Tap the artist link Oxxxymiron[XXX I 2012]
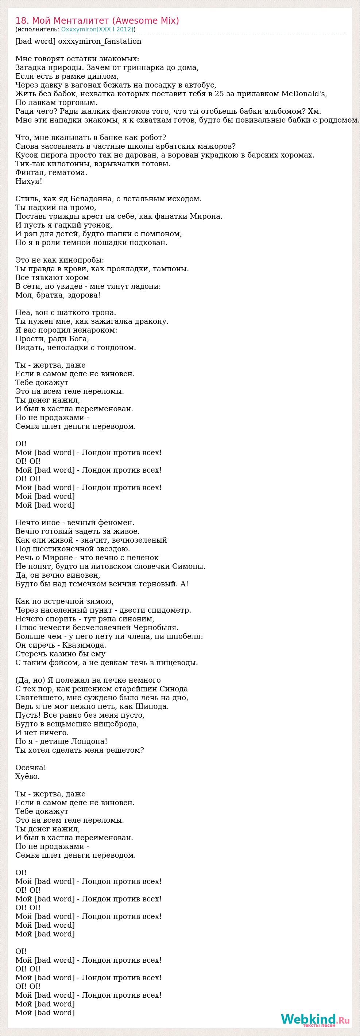click(97, 30)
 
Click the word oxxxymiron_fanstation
click(100, 42)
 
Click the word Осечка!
click(31, 768)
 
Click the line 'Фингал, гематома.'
click(51, 172)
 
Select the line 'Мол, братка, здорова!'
click(58, 295)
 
